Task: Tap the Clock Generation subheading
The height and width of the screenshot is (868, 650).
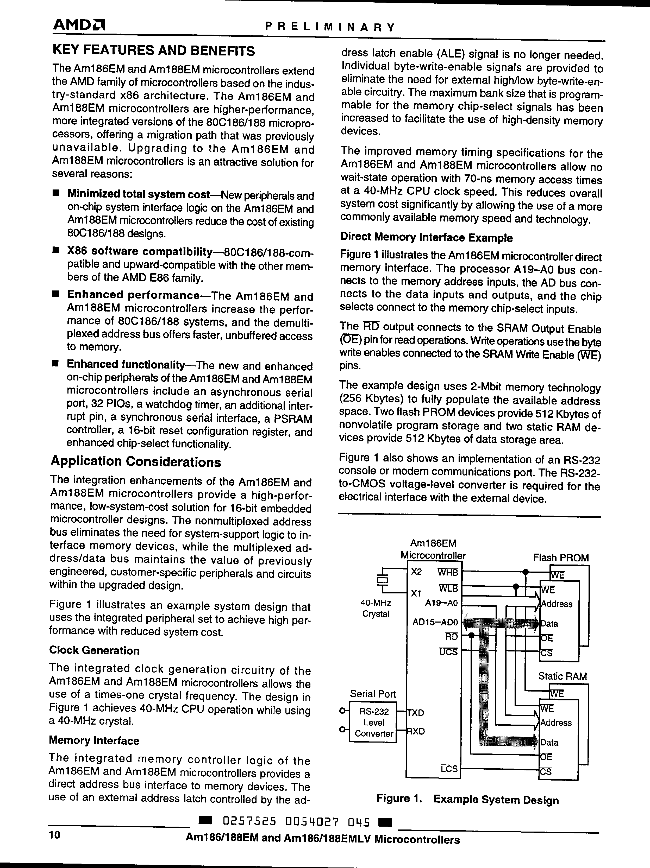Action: tap(94, 651)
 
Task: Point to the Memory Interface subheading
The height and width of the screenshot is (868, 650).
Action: tap(94, 741)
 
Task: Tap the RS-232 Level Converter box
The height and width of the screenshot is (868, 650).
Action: tap(373, 723)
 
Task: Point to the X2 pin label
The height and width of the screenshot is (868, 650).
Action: tap(416, 572)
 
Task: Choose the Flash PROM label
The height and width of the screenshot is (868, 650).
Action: tap(560, 557)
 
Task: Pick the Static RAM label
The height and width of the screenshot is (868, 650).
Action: tap(562, 676)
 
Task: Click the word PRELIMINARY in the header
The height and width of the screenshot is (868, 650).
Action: tap(330, 27)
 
